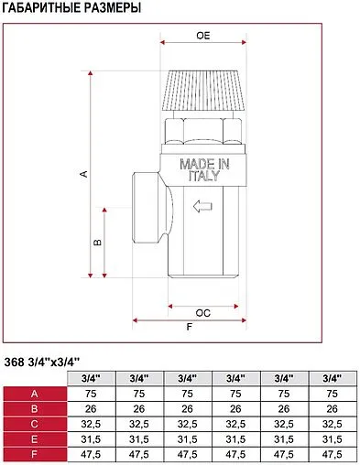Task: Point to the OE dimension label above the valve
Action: pos(203,36)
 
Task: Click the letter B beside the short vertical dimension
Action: pos(97,243)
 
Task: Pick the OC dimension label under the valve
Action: pos(202,313)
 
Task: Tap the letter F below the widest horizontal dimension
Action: pos(190,327)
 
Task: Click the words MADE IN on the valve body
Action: pos(204,164)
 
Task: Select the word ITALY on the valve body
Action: pos(204,176)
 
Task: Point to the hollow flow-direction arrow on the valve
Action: pos(202,206)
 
